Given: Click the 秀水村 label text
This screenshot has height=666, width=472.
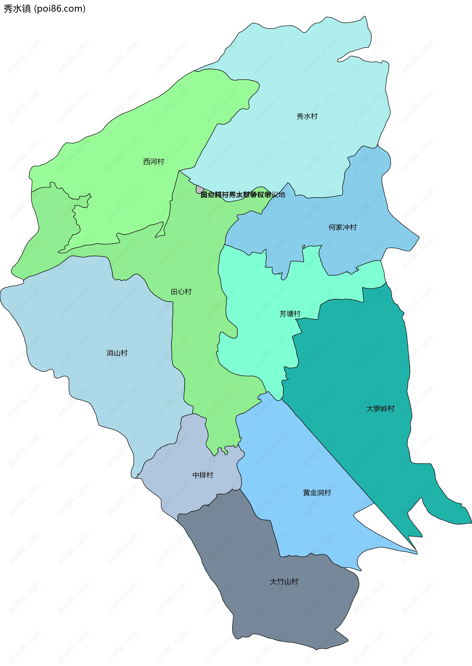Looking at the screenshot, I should click(307, 116).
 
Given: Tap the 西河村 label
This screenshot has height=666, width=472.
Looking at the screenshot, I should click(153, 161).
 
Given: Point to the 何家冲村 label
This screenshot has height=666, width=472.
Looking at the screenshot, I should click(342, 227).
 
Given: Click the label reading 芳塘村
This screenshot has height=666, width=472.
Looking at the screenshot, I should click(290, 314).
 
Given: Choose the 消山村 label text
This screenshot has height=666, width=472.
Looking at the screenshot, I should click(117, 353).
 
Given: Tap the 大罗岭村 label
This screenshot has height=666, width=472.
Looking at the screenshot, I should click(380, 409).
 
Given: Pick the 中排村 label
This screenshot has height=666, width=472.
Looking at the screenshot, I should click(203, 475).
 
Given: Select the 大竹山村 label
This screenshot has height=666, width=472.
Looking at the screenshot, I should click(284, 581).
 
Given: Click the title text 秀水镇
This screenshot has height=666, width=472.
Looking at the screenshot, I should click(17, 9).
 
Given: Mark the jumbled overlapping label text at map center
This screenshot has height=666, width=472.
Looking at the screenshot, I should click(243, 195).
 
